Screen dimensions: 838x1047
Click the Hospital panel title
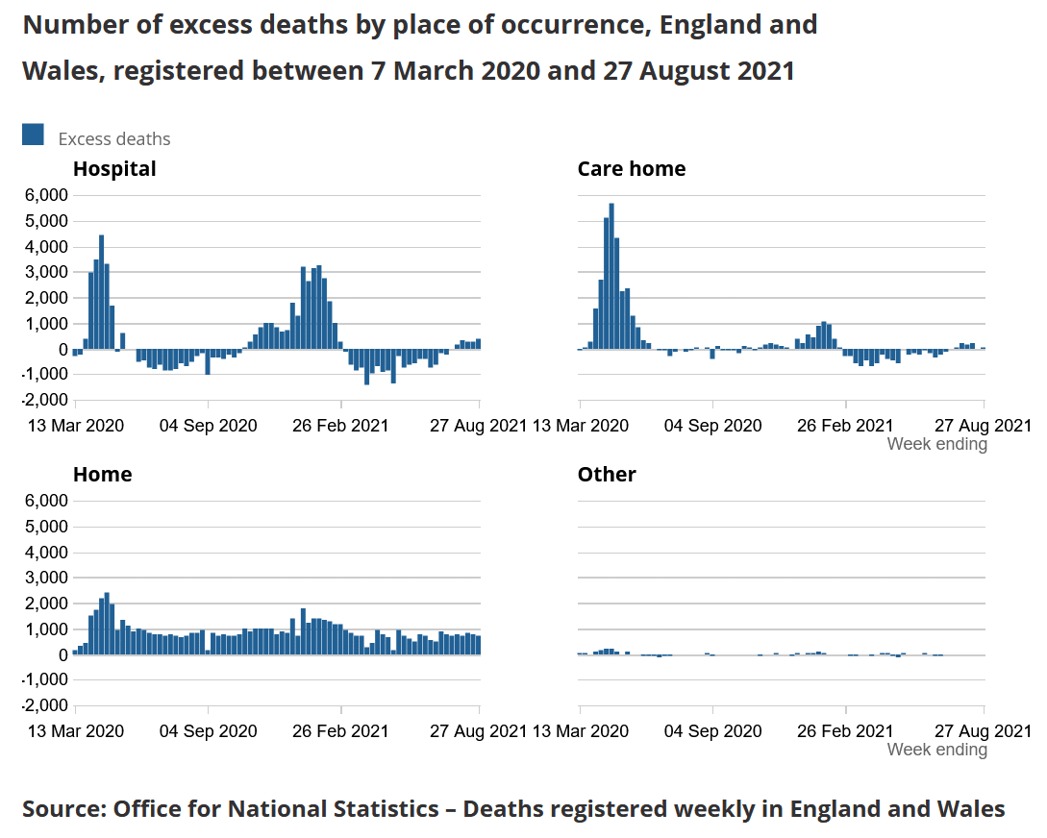coord(114,169)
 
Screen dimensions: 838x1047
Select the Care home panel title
coord(631,169)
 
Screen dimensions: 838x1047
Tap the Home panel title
coord(102,475)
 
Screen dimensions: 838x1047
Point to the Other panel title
coord(607,475)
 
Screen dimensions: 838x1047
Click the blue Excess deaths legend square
coord(33,136)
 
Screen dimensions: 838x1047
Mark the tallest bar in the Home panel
coord(107,624)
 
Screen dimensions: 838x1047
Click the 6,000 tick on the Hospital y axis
coord(45,195)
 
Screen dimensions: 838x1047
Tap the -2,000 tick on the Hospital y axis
coord(43,400)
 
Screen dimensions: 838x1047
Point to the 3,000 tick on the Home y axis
coord(45,579)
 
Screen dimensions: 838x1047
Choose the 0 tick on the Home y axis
coord(62,655)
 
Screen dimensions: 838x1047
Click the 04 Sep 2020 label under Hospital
coord(208,426)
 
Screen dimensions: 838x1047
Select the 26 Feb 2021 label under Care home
coord(846,426)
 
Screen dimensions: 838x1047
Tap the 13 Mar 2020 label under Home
coord(75,731)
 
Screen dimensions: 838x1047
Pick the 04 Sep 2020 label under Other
coord(712,731)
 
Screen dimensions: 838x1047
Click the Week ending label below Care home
coord(936,444)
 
